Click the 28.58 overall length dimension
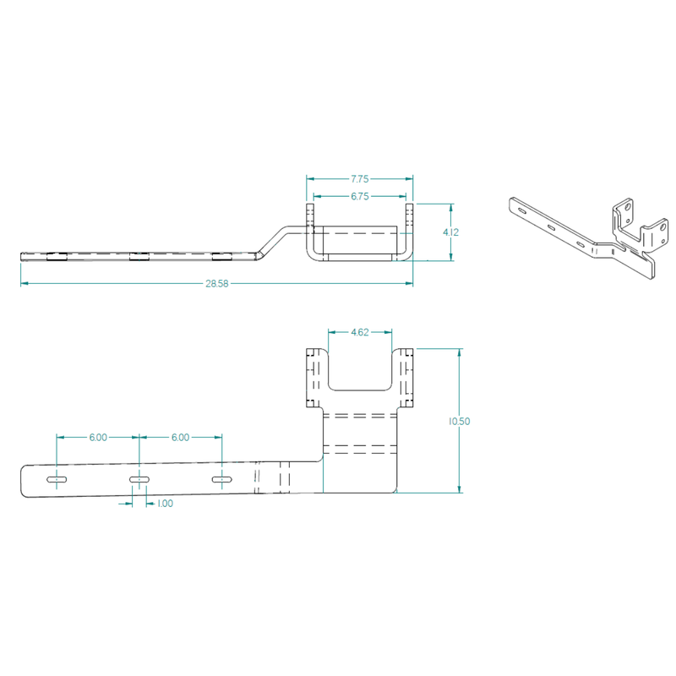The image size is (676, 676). point(216,283)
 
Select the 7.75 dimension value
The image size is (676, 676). point(360,179)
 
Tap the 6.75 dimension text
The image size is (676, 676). point(360,196)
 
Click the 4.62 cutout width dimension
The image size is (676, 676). point(361,333)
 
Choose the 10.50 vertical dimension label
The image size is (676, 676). point(461,420)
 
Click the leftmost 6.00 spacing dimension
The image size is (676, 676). point(98,438)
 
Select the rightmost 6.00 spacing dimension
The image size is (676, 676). point(180,438)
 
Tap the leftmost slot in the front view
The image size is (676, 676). point(57,480)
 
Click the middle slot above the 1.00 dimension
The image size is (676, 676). point(139,480)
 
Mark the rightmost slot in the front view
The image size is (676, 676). point(221,480)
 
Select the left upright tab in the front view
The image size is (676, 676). point(316,375)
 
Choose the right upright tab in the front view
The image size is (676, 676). point(406,375)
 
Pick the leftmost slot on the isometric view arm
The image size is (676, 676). point(522,210)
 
